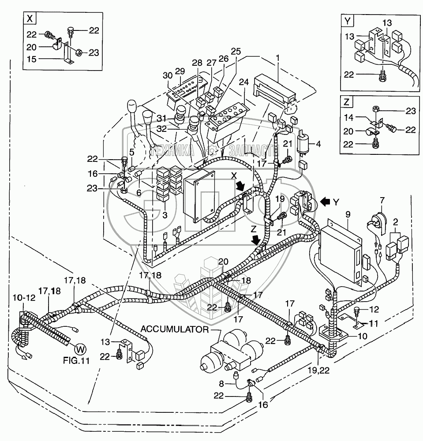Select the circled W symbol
click(79, 349)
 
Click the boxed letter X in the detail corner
click(30, 19)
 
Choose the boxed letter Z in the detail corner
click(347, 102)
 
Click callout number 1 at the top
click(278, 57)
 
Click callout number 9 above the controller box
click(348, 214)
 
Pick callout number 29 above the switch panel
click(180, 71)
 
